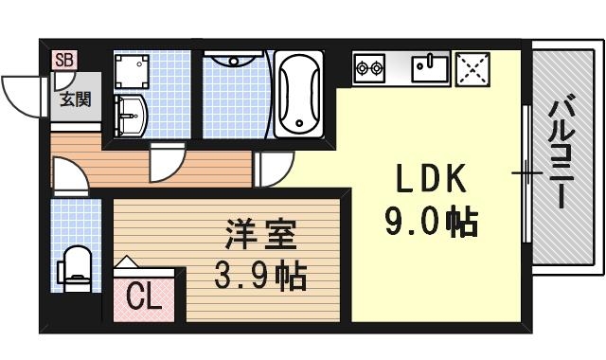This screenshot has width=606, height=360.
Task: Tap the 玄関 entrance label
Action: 76,98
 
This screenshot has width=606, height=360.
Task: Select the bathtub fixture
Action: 300,92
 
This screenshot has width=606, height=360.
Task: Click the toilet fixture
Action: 75,265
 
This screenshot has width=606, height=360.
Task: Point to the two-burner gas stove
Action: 369,67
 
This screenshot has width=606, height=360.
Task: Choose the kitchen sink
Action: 431,67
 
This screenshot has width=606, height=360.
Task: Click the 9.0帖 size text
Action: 431,225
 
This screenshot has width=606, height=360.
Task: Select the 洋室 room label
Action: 260,233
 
